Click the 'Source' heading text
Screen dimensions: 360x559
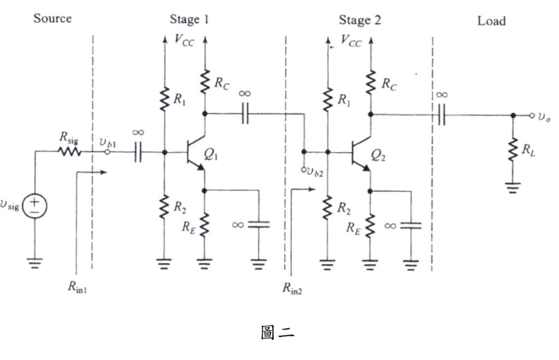(x=52, y=18)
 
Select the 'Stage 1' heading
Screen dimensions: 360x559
(x=189, y=20)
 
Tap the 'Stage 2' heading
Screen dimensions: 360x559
(x=360, y=20)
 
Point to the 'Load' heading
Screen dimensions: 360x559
(x=491, y=21)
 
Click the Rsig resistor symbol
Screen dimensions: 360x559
(x=69, y=152)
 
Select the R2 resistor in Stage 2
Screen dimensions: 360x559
(x=328, y=208)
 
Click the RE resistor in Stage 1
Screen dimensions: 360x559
(x=205, y=225)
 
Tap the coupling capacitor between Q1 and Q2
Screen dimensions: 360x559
(x=245, y=114)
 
